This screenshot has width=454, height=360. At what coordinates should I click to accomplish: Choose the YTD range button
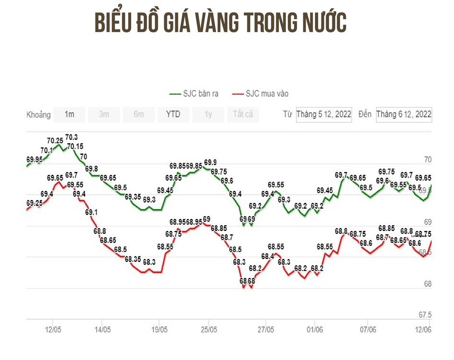point(173,115)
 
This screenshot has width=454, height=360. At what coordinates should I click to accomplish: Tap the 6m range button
point(138,115)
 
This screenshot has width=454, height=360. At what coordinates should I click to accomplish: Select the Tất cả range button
point(243,115)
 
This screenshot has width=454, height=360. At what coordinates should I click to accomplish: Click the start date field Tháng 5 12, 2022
point(324,115)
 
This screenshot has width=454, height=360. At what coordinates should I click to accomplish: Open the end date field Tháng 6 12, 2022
point(404,115)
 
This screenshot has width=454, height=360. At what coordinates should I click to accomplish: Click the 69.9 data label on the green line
point(210,163)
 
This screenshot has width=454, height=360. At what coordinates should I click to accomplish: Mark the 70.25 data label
point(55,141)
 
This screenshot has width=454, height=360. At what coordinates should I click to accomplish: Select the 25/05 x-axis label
point(209,330)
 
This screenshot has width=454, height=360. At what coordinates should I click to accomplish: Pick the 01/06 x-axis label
point(315,330)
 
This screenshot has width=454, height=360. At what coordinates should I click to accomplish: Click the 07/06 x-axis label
point(368,330)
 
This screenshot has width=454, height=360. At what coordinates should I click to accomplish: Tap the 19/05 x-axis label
point(159,330)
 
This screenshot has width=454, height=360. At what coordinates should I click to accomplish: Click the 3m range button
point(104,115)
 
